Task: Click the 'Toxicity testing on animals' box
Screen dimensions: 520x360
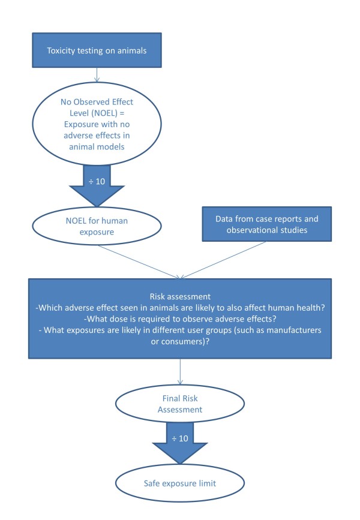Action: [96, 50]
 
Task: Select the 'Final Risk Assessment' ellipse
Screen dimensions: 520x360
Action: [180, 407]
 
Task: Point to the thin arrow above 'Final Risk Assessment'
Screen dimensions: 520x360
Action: [180, 376]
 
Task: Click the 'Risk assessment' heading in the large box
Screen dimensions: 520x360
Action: [180, 296]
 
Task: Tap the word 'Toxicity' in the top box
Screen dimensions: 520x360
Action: [62, 50]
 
